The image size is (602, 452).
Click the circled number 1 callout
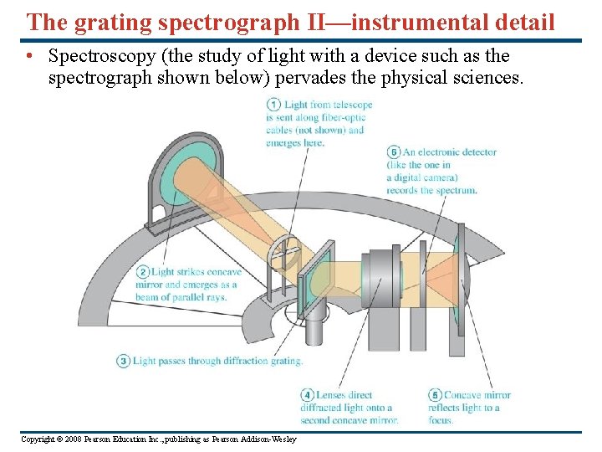[x=273, y=105]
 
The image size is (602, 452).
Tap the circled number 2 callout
[x=142, y=272]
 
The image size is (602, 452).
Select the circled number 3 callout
[x=123, y=361]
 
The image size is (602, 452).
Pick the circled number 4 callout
[x=308, y=395]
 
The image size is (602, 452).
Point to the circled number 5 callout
[x=435, y=395]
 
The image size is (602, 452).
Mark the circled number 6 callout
[x=394, y=152]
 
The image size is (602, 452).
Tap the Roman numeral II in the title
[x=320, y=22]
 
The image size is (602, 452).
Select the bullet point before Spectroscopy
[x=29, y=57]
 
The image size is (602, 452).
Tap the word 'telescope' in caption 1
[x=352, y=105]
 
